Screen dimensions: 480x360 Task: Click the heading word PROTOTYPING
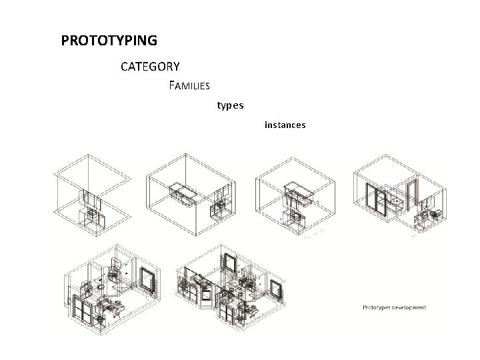[109, 41]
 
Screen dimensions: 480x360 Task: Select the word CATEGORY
[150, 67]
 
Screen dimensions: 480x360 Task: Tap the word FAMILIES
[190, 86]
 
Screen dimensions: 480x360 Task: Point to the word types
[231, 105]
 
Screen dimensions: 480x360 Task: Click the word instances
[285, 125]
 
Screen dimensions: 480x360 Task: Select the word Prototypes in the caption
[377, 307]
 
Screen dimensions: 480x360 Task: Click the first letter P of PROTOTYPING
[65, 41]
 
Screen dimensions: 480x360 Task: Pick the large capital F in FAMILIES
[173, 85]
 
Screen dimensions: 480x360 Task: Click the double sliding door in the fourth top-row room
[377, 200]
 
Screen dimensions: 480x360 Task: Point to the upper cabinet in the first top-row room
[91, 197]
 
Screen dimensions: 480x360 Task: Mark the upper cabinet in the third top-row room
[299, 193]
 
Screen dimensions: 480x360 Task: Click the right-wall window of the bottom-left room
[147, 280]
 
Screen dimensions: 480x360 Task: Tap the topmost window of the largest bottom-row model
[229, 263]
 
